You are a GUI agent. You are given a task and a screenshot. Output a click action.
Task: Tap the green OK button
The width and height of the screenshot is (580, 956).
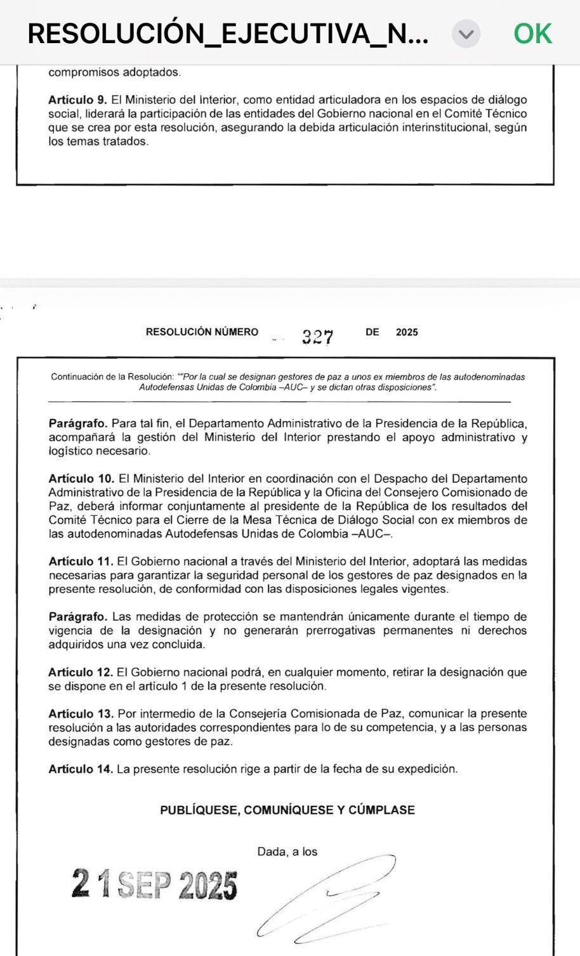(x=532, y=34)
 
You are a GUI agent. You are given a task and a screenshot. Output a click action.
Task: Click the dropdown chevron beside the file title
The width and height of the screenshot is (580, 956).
(x=466, y=34)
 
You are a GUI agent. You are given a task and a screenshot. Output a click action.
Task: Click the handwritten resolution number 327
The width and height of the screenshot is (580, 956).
(x=317, y=336)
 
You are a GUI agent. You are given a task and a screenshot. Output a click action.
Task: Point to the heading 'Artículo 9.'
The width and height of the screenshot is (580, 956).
(x=77, y=100)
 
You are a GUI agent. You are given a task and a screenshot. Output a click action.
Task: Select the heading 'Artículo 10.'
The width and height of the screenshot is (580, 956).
(x=81, y=479)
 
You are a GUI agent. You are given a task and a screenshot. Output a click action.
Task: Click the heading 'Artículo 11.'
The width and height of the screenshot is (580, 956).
(x=81, y=562)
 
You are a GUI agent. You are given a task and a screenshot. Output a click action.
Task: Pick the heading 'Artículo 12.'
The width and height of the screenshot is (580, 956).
(x=81, y=673)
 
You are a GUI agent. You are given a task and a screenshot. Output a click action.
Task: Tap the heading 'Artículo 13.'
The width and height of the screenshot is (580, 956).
(x=81, y=714)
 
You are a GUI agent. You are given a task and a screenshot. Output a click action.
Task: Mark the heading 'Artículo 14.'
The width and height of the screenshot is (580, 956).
(x=81, y=769)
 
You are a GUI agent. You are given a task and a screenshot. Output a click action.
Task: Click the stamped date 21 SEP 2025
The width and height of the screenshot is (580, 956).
(x=154, y=884)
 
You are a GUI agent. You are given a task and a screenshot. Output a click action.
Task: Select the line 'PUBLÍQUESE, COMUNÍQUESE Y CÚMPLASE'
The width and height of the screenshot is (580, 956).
(x=287, y=810)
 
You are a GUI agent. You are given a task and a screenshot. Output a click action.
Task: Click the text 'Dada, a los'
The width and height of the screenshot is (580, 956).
(x=287, y=852)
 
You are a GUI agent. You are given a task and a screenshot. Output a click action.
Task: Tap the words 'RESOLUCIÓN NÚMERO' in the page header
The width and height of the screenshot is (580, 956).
(x=202, y=332)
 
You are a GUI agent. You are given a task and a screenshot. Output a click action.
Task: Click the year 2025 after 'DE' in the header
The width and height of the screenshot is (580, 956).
(x=407, y=332)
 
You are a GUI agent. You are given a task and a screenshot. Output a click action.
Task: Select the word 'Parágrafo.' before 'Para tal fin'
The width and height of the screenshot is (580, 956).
(x=77, y=423)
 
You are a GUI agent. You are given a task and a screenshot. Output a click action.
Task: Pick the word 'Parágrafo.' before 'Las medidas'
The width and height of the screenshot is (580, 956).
(x=77, y=617)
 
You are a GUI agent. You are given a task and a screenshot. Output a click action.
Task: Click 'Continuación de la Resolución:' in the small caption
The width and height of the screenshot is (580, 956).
(x=112, y=377)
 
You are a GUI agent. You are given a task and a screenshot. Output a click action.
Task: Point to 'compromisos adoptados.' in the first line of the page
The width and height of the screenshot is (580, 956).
(x=114, y=72)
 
